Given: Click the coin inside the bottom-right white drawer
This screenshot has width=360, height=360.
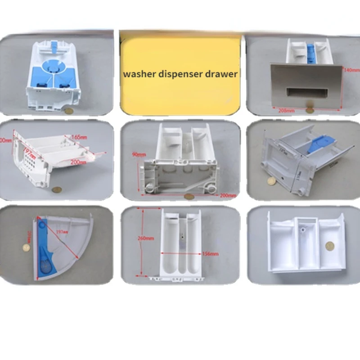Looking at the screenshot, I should coord(330,246).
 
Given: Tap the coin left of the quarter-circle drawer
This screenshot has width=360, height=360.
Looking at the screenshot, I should coord(27,247).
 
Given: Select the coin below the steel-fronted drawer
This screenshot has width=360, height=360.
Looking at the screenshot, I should coord(310,109).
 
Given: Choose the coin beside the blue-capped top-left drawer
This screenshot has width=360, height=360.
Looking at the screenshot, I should coord(68,110).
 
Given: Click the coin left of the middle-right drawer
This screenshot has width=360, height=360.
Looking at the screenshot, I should coord(271,180).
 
